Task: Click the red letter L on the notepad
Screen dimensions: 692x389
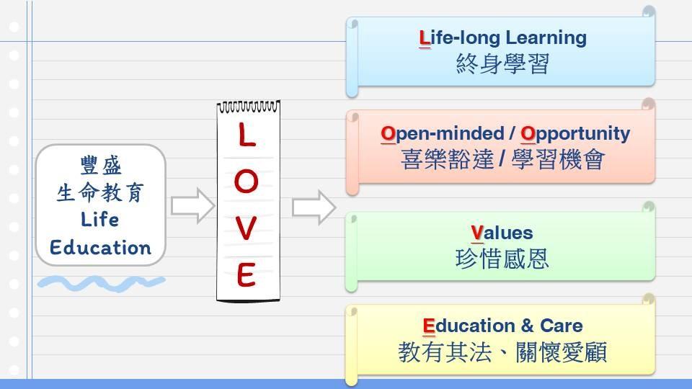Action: pos(247,135)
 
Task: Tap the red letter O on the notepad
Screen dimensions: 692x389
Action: pos(247,182)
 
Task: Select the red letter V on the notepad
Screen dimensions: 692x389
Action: pos(246,228)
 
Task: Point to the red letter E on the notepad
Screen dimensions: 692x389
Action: pos(246,274)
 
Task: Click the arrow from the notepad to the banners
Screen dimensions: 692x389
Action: pos(314,207)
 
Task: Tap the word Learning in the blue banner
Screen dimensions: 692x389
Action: pos(546,38)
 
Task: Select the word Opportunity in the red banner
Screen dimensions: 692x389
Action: pos(575,134)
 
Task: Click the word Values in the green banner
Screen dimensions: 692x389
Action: pos(502,233)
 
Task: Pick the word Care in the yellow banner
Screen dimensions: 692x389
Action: pos(562,326)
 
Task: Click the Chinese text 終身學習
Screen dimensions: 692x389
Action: pos(502,64)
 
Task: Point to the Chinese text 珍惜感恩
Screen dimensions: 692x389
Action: pos(502,259)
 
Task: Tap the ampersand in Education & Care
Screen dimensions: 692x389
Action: pos(527,326)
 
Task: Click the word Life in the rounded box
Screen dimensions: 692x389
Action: pos(99,219)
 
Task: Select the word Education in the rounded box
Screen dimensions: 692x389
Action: pos(100,247)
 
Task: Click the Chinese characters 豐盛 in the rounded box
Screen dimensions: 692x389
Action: pos(101,166)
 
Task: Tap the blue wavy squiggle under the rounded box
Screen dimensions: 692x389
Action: pos(102,283)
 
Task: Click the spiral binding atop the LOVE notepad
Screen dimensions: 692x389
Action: pos(249,107)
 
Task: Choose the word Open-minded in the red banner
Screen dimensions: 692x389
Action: pos(443,134)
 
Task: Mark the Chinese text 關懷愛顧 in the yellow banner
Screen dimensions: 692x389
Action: pos(562,352)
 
